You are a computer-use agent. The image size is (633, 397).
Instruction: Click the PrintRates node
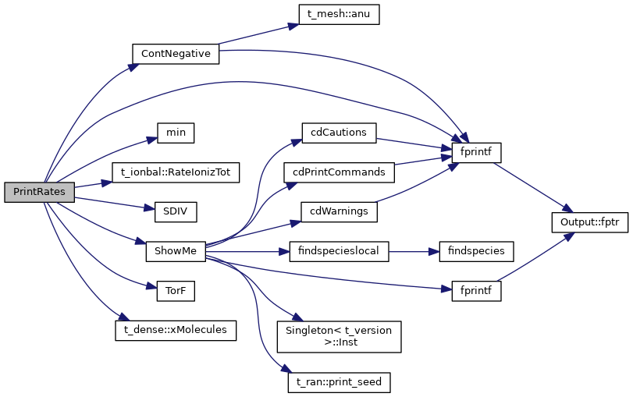click(39, 192)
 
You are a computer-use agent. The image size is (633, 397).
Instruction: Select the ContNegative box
click(176, 54)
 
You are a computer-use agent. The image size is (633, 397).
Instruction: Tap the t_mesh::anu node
click(338, 15)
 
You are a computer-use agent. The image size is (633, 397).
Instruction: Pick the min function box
click(175, 132)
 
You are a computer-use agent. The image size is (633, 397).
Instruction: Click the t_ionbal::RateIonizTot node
click(175, 171)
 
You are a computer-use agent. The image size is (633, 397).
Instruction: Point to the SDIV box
click(175, 211)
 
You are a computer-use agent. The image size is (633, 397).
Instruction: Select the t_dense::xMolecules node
click(175, 330)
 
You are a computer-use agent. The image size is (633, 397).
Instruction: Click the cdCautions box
click(338, 132)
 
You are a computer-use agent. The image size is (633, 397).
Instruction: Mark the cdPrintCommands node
click(338, 171)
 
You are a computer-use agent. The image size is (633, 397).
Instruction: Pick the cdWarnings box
click(338, 211)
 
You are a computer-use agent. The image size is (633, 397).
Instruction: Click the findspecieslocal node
click(338, 251)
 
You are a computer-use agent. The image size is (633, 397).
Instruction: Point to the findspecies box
click(477, 251)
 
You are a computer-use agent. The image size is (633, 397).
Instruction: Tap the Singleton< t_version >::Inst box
click(338, 335)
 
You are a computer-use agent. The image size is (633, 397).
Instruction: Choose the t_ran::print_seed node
click(338, 382)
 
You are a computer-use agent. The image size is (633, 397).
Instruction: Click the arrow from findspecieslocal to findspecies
click(414, 251)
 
